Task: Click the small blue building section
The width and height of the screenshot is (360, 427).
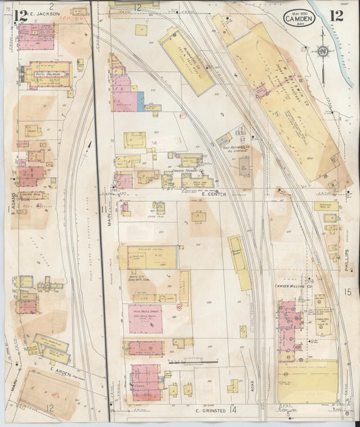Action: (x=140, y=102)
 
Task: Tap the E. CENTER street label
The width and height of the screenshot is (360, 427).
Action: (x=213, y=195)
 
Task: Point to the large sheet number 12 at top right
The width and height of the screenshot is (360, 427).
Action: (x=336, y=16)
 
